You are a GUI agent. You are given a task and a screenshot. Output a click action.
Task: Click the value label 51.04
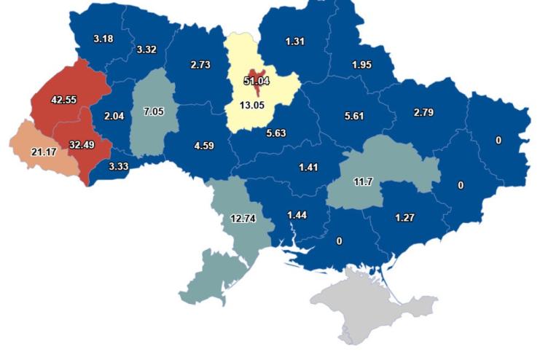pyautogui.click(x=256, y=81)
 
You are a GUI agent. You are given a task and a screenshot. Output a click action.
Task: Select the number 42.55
pyautogui.click(x=63, y=99)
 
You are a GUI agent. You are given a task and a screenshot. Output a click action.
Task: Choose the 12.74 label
pyautogui.click(x=243, y=219)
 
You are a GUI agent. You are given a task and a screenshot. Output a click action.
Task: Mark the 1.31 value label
pyautogui.click(x=295, y=41)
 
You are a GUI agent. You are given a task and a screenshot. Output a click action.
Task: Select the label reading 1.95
pyautogui.click(x=361, y=65)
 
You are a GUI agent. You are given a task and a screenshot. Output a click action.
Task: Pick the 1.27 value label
pyautogui.click(x=405, y=216)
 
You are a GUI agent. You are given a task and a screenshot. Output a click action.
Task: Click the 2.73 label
pyautogui.click(x=200, y=64)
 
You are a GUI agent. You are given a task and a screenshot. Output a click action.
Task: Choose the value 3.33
pyautogui.click(x=118, y=166)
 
